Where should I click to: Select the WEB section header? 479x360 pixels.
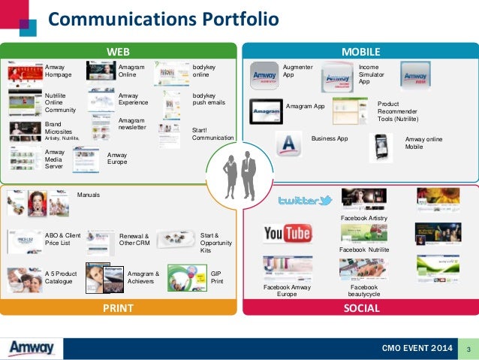tap(118, 51)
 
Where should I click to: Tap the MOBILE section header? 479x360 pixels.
tap(361, 51)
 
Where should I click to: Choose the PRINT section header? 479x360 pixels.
tap(118, 308)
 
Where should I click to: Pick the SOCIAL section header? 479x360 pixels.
tap(361, 308)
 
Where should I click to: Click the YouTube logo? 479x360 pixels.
tap(287, 234)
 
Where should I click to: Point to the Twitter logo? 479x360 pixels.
tap(305, 200)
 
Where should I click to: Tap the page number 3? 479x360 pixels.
tap(468, 349)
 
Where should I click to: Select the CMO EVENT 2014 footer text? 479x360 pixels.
tap(416, 349)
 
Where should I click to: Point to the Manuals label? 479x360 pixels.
tap(89, 195)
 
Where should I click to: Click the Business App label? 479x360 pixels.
tap(330, 139)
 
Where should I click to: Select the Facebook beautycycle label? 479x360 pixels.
tap(365, 291)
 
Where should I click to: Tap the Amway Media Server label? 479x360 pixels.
tap(55, 159)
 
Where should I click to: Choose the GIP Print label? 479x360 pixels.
tap(216, 277)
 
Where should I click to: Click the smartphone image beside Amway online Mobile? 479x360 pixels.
tap(383, 147)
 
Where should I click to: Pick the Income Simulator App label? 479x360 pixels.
tap(369, 74)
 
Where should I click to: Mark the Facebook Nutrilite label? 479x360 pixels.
tap(364, 249)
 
